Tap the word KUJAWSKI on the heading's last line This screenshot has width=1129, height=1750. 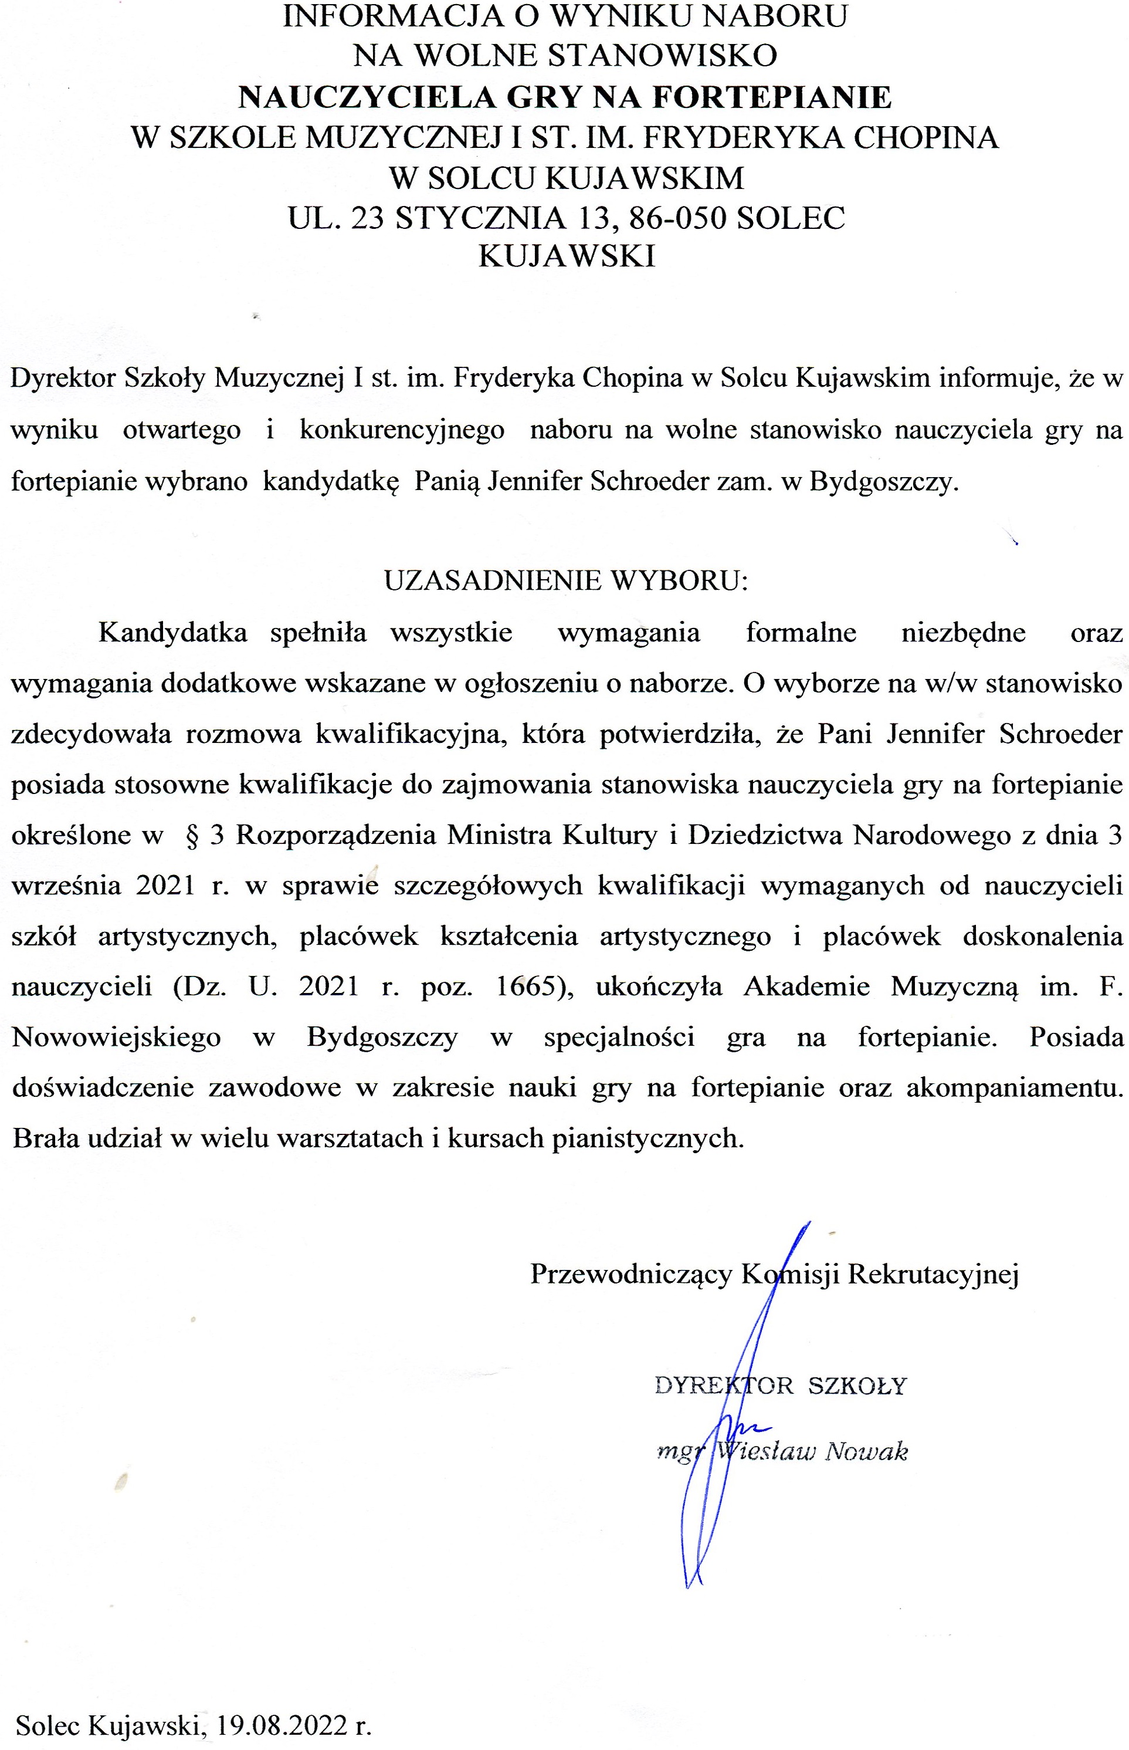[566, 256]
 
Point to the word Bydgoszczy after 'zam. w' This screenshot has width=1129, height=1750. [883, 482]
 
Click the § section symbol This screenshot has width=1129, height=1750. [193, 836]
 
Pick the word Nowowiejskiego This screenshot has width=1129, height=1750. [117, 1037]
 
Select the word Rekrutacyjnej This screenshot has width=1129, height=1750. [933, 1274]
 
